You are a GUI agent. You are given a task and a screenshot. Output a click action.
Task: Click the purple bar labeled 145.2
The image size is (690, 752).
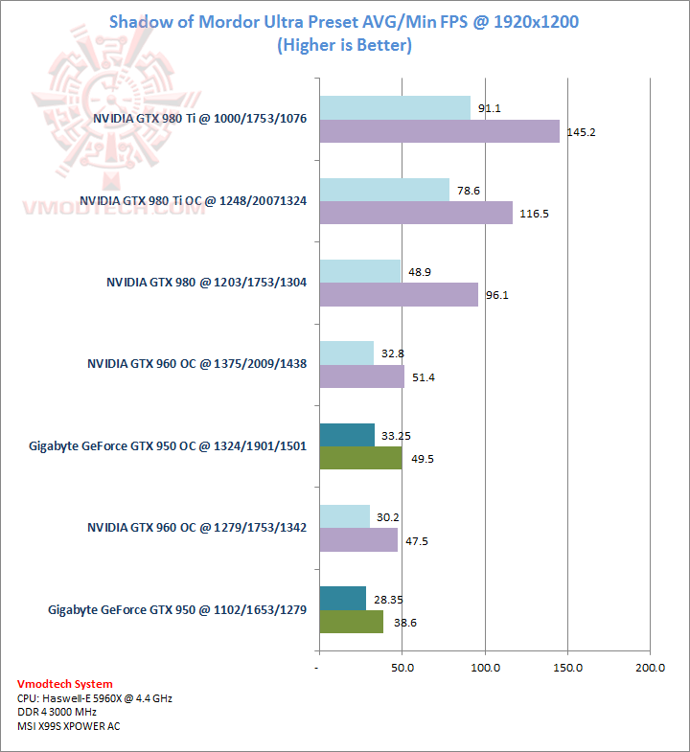[439, 131]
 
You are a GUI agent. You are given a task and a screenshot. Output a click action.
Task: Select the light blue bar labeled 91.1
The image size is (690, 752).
[395, 108]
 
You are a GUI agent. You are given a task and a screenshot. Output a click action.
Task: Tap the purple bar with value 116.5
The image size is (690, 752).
[415, 213]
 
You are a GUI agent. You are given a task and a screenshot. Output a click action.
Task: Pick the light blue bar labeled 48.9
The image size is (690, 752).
[359, 271]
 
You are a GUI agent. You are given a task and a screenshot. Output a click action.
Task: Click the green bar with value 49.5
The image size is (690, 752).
[360, 458]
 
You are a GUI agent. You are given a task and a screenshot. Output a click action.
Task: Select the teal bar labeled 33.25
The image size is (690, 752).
[347, 435]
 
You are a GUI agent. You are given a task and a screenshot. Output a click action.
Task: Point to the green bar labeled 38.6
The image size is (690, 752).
[351, 622]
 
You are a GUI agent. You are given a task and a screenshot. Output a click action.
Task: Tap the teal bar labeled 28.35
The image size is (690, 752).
[342, 598]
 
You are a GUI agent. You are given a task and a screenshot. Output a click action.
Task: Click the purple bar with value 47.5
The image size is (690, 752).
[357, 540]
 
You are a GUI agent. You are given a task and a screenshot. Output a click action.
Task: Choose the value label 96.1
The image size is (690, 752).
[497, 295]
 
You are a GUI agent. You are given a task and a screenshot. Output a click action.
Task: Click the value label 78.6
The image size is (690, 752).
[469, 191]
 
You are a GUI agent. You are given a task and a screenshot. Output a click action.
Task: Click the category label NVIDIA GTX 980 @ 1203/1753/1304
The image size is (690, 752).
[206, 283]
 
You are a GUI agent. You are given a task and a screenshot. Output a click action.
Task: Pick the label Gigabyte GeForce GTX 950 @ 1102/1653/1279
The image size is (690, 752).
[177, 609]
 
